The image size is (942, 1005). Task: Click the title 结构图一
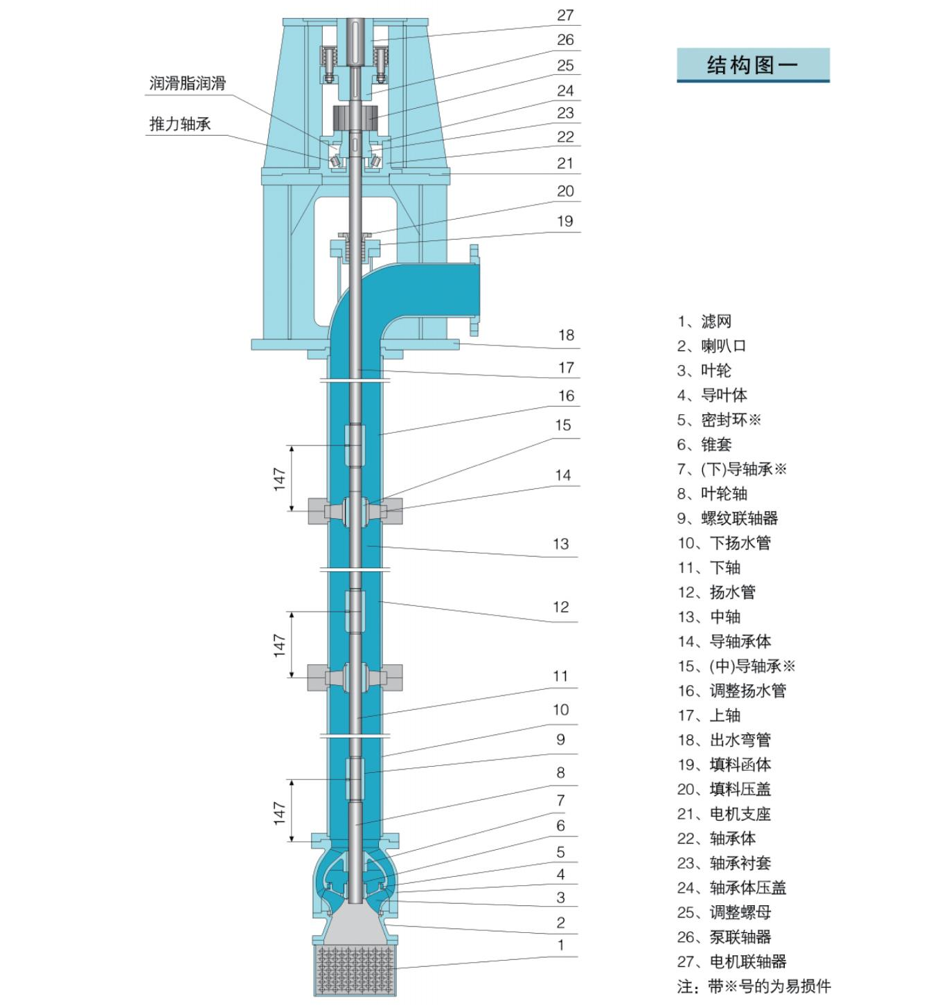click(752, 65)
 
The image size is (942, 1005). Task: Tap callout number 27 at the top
click(565, 16)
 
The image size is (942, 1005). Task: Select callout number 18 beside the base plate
click(566, 335)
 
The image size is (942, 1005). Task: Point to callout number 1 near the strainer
click(560, 945)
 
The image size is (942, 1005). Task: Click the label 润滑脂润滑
click(187, 84)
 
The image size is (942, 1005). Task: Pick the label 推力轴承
click(179, 124)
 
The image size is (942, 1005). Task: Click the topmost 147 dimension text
click(279, 479)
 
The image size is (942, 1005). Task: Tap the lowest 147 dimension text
click(279, 813)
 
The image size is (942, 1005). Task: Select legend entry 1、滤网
click(704, 321)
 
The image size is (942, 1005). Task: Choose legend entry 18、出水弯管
click(724, 740)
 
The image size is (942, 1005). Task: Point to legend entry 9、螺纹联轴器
click(727, 518)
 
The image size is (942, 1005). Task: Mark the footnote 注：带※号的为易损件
click(754, 986)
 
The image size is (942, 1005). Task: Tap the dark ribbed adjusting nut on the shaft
click(355, 118)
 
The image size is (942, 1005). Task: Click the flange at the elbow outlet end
click(474, 290)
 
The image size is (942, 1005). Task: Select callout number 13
click(560, 544)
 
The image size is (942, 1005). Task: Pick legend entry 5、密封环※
click(719, 420)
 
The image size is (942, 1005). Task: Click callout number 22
click(565, 136)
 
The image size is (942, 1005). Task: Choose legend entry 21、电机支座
click(724, 814)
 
